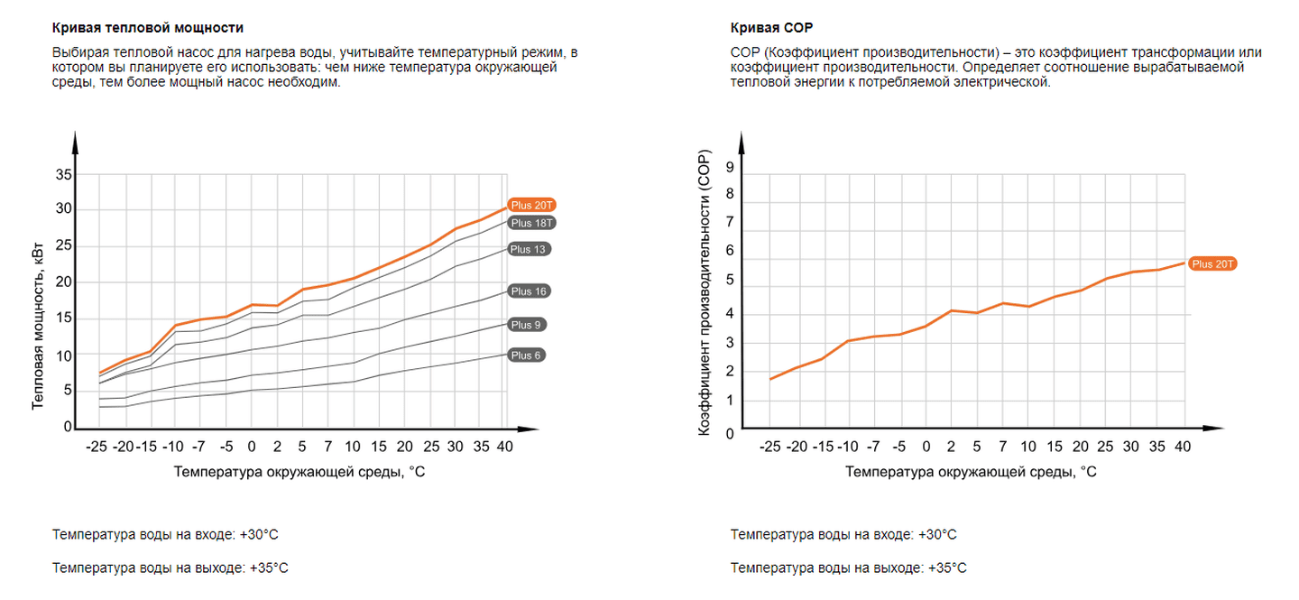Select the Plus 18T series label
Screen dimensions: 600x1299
pos(531,223)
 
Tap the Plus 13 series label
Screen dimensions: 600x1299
pos(530,249)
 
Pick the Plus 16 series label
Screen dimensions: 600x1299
pos(530,291)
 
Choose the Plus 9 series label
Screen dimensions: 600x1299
pos(527,325)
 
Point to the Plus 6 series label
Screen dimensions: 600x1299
pos(527,355)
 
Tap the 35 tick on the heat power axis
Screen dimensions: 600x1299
pos(64,174)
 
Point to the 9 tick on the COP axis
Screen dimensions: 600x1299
pos(730,169)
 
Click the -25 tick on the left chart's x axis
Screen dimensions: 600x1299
pos(98,446)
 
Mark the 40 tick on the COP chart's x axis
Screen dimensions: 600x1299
pos(1183,447)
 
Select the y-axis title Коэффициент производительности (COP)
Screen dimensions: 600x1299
pos(705,295)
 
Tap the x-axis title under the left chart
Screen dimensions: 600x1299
pos(299,471)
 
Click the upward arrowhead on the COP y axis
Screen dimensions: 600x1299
pos(742,141)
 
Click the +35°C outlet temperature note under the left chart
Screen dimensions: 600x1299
pos(170,568)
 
